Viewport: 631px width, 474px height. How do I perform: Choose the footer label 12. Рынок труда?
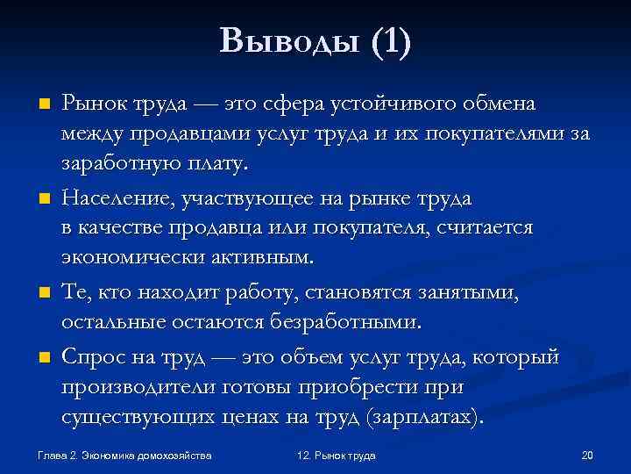tap(337, 456)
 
